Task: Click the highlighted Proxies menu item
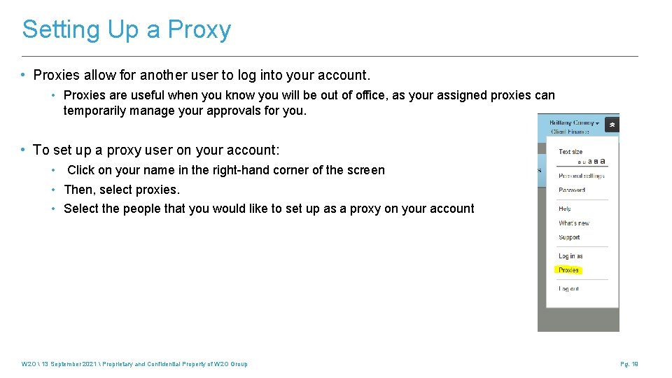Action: (x=568, y=270)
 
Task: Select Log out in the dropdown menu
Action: (x=568, y=288)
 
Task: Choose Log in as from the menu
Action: (x=570, y=256)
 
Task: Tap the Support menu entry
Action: (x=569, y=237)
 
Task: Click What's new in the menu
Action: (x=574, y=223)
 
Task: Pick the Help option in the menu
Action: (x=565, y=209)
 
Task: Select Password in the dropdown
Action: (x=572, y=190)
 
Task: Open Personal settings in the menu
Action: (x=581, y=176)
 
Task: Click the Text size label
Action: (x=570, y=151)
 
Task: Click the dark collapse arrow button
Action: (x=612, y=125)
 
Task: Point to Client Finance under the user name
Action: (x=570, y=131)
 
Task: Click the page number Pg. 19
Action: (x=629, y=364)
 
